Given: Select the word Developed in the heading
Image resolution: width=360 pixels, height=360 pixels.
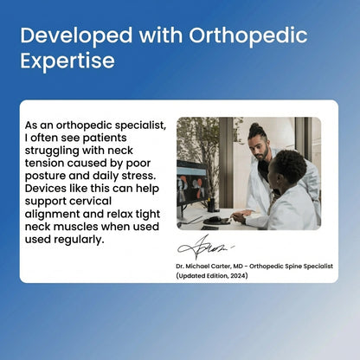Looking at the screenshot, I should (x=72, y=37).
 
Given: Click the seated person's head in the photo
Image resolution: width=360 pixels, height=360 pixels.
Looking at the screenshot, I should (x=290, y=166).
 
